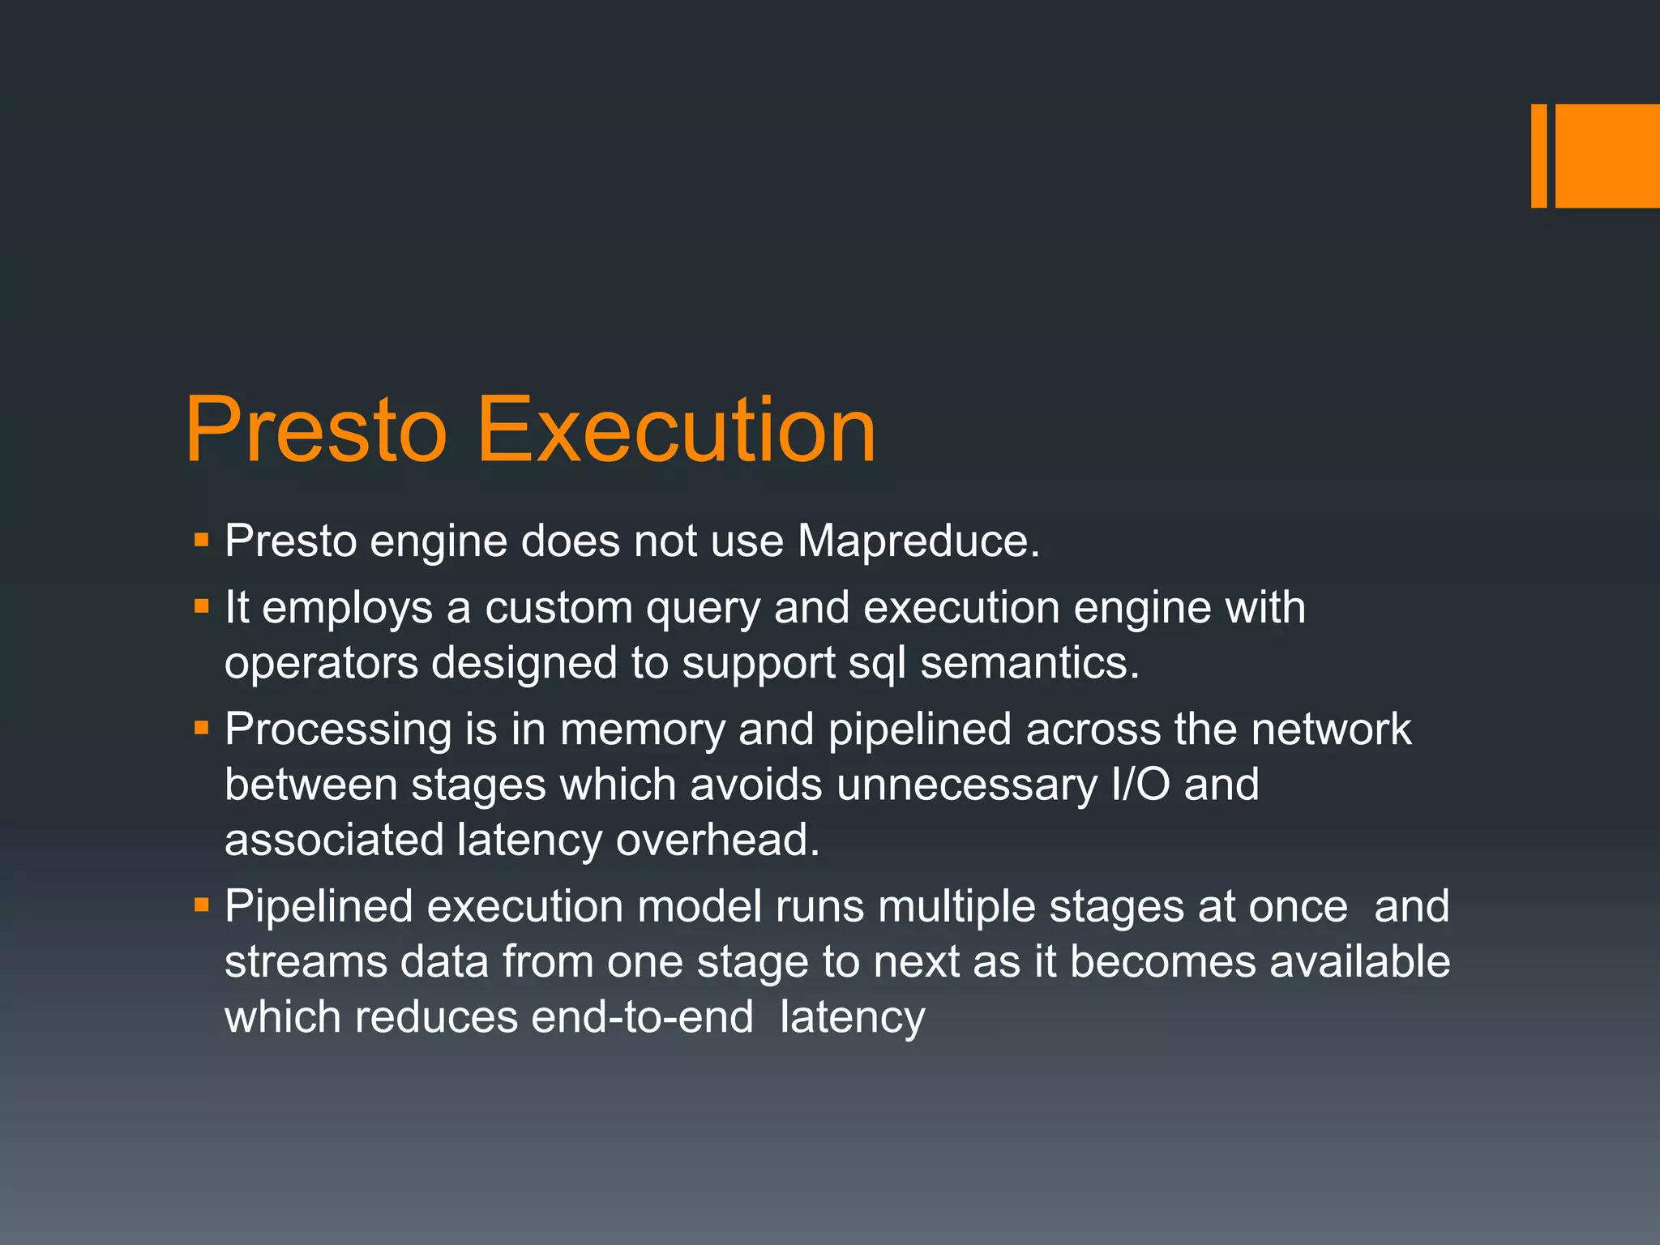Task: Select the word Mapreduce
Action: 918,541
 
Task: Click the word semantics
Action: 1029,663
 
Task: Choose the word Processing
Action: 338,729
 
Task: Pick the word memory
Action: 642,729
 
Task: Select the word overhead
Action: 717,840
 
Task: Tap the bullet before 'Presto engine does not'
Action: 202,538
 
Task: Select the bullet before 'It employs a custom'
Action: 202,605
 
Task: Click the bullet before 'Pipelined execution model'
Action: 202,904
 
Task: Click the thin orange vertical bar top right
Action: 1538,156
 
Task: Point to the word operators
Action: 321,663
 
